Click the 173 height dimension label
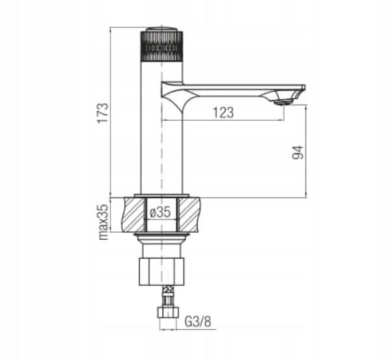[103, 112]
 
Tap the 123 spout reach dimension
[223, 112]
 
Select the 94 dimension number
[298, 153]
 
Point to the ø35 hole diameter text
[161, 212]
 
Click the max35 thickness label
[104, 222]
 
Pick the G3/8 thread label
[198, 322]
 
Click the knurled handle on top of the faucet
[162, 46]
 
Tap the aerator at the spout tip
[283, 102]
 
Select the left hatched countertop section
[134, 215]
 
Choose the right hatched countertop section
[190, 215]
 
